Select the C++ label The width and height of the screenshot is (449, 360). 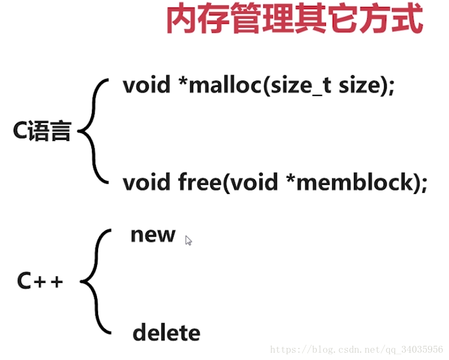pos(40,281)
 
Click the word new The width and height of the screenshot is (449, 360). pos(153,235)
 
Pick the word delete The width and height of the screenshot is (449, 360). pos(166,333)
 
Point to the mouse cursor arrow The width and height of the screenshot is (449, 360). pos(188,241)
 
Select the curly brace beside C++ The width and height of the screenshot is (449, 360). pos(96,281)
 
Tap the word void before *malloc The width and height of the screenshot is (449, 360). pos(147,85)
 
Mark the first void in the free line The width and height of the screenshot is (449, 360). pos(147,182)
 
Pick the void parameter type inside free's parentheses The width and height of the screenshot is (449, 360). pos(254,182)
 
